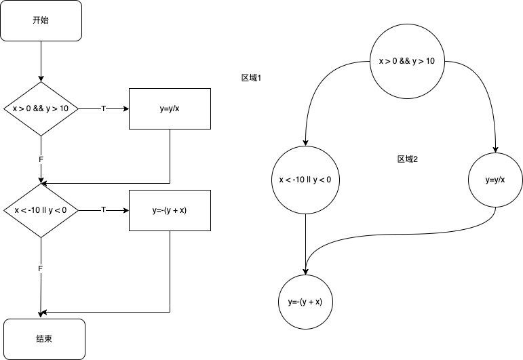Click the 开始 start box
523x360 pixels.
[41, 20]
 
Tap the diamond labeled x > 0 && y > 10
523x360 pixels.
[41, 108]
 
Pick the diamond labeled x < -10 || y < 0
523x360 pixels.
[41, 210]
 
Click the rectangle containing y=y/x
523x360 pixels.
[170, 108]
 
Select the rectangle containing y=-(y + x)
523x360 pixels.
[170, 210]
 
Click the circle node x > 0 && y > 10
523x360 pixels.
[406, 62]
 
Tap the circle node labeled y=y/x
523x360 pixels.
[495, 180]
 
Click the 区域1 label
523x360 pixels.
[252, 78]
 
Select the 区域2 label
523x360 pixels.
[408, 159]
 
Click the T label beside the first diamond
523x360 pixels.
[103, 108]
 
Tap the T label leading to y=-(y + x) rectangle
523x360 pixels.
[103, 210]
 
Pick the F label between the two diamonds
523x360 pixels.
[41, 159]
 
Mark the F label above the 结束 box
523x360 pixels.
[41, 269]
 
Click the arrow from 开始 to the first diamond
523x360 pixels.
[41, 61]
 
